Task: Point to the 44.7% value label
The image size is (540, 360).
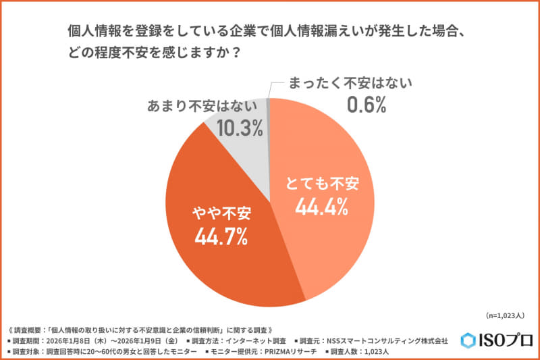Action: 220,236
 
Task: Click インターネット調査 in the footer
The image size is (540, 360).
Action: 256,340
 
